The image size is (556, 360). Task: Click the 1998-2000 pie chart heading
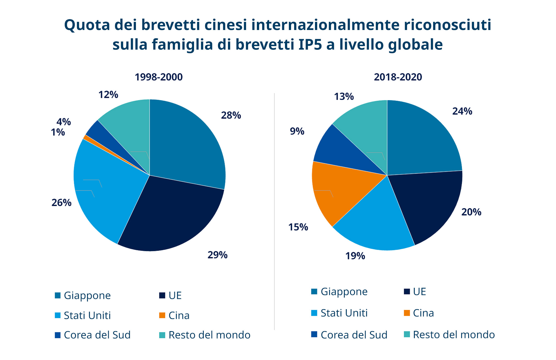point(158,77)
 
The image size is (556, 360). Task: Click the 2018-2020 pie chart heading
point(398,77)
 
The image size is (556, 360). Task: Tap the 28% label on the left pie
point(231,115)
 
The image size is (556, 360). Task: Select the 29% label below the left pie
point(217,255)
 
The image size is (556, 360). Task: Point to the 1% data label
point(58,132)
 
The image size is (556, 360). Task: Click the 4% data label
point(64,122)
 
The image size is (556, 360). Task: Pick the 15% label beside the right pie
point(298,227)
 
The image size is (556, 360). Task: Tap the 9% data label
point(297,131)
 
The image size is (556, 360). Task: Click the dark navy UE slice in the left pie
point(170,217)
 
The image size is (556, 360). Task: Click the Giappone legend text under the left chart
point(87,295)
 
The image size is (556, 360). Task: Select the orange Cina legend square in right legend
point(407,313)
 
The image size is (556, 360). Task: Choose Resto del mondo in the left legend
point(209,335)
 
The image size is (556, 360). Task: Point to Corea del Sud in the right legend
point(354,335)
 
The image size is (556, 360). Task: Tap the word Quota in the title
point(87,25)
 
